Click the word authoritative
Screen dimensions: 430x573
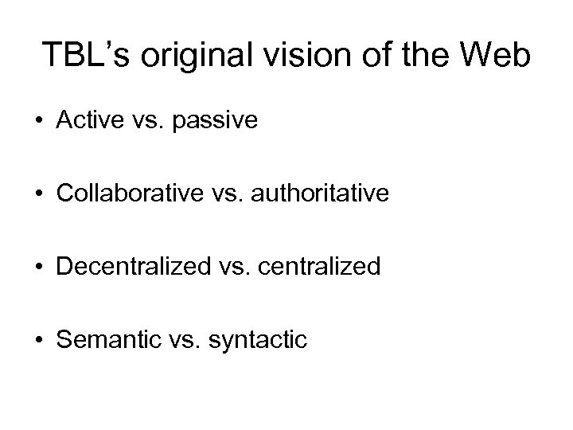click(322, 193)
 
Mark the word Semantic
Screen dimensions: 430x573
click(103, 340)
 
